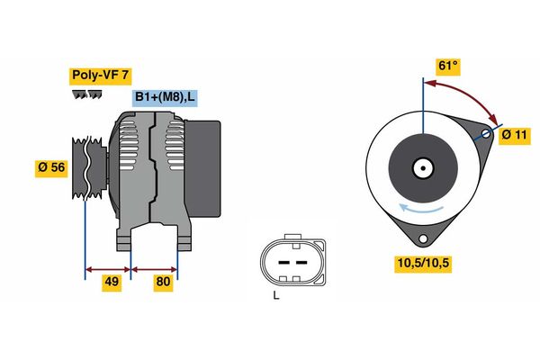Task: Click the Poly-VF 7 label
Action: (x=100, y=76)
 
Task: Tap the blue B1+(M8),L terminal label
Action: (x=165, y=98)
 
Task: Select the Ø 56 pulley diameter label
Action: (x=51, y=167)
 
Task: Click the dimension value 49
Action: (x=112, y=282)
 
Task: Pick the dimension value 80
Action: (x=163, y=282)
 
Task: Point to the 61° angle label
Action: (x=448, y=66)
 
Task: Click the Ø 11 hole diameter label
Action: (x=515, y=135)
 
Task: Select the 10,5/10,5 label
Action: (x=423, y=264)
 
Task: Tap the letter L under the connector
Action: (x=276, y=295)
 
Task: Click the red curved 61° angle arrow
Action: (x=470, y=95)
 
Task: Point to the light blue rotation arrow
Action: (x=421, y=208)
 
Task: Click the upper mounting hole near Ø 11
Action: (x=486, y=133)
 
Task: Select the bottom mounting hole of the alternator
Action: (x=423, y=238)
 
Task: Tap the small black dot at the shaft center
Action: (x=423, y=168)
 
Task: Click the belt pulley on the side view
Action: (x=89, y=167)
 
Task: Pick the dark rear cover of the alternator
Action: (x=203, y=168)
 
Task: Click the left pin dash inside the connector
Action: (x=283, y=263)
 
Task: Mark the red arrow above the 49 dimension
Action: (x=108, y=269)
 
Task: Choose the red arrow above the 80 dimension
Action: (x=154, y=269)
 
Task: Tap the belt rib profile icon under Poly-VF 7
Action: (x=87, y=94)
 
